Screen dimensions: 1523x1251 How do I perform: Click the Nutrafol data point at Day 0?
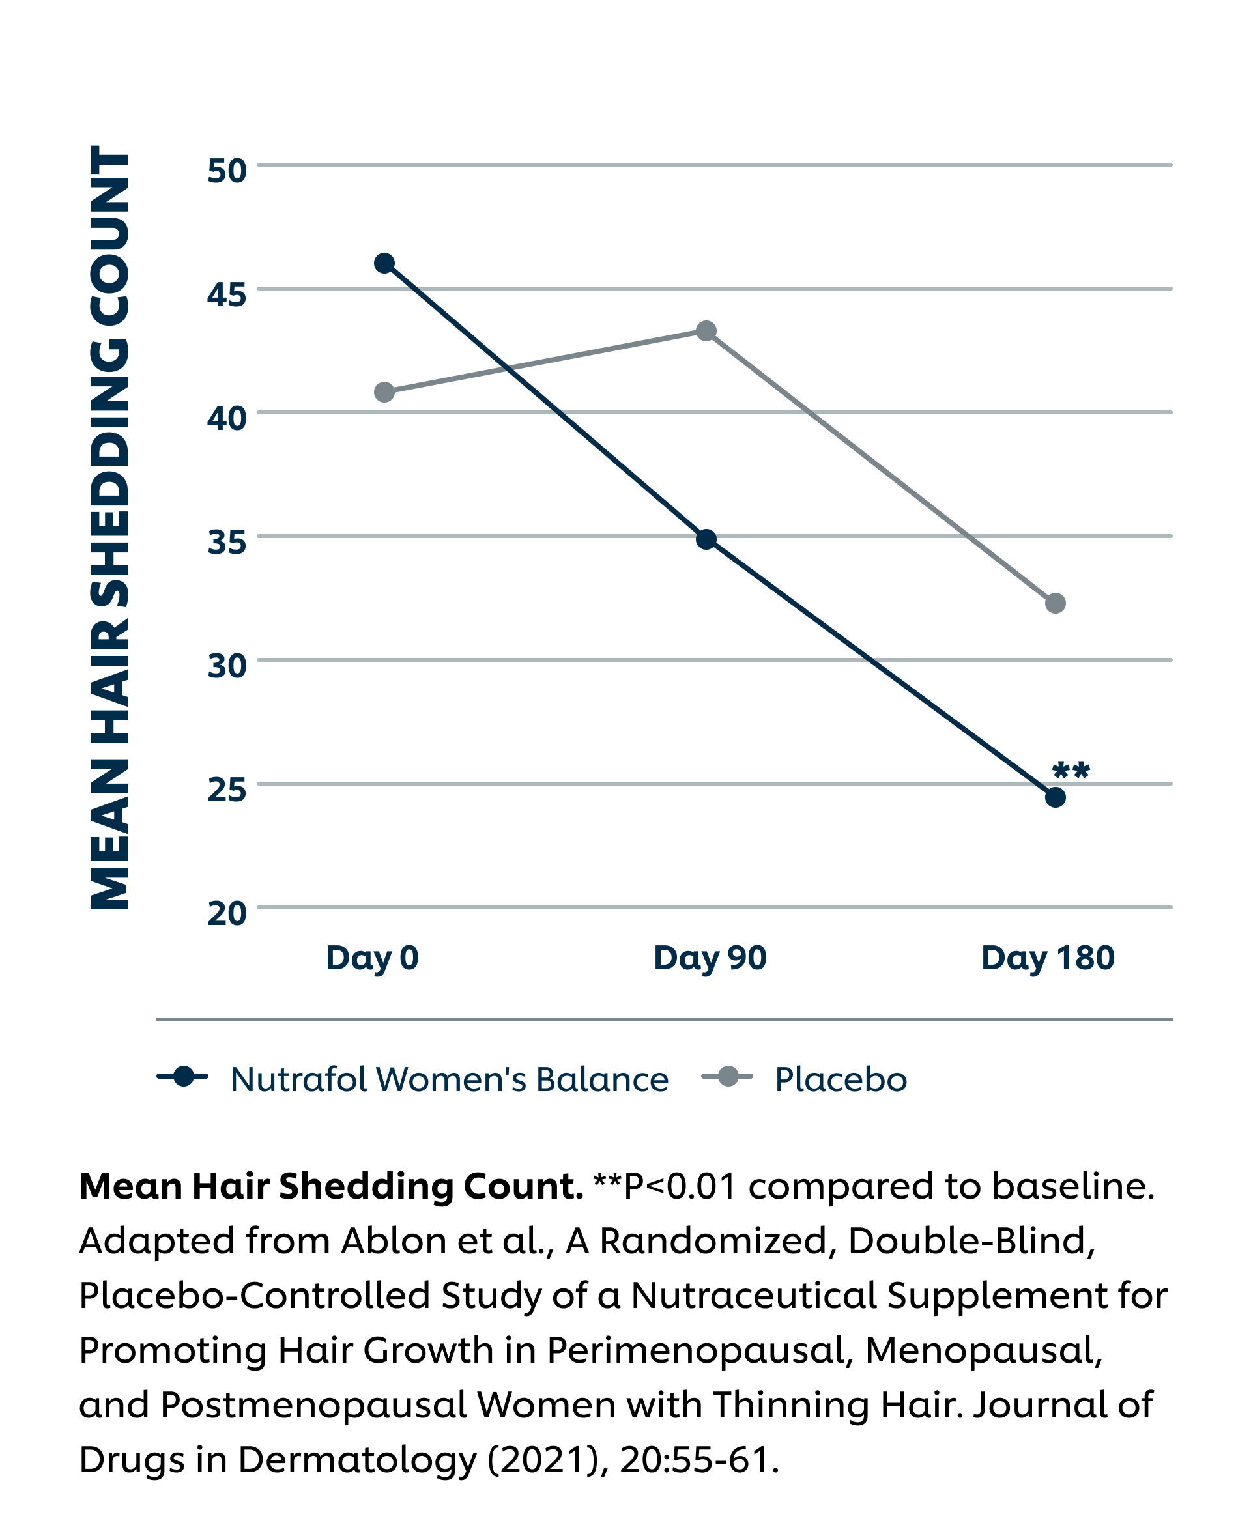point(385,264)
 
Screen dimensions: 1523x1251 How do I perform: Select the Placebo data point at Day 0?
point(385,392)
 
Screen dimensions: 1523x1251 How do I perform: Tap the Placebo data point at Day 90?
point(706,332)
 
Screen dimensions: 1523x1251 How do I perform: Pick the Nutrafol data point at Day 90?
point(706,539)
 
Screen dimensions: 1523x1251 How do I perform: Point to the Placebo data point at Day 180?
point(1055,603)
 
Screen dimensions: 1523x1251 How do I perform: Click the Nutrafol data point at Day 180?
point(1055,797)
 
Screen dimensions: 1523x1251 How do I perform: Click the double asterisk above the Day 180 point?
point(1071,771)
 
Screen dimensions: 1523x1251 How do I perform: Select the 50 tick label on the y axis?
point(227,171)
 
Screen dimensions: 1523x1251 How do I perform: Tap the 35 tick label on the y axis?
point(227,543)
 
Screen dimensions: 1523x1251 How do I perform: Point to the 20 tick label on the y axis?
point(227,913)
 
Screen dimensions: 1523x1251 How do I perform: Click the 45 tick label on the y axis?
point(227,294)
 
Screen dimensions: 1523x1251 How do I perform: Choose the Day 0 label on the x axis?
point(372,958)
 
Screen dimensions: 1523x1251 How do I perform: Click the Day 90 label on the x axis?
point(710,958)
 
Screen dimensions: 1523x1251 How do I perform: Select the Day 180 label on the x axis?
point(1048,958)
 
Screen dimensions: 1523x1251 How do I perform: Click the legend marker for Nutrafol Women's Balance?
point(183,1076)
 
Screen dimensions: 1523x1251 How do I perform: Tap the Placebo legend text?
point(841,1079)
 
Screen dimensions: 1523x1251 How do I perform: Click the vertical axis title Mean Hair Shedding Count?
point(110,528)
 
